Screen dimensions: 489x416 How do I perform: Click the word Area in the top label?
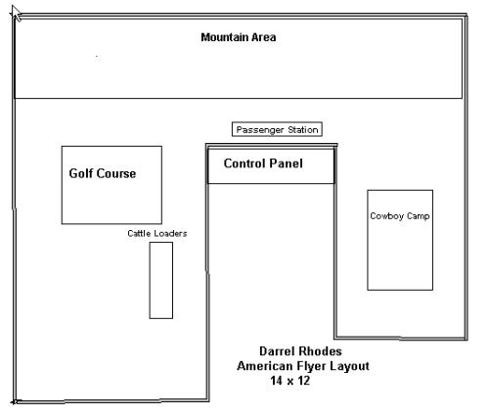[264, 37]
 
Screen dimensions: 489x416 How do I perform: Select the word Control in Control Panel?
[246, 163]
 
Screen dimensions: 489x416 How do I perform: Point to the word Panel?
[288, 163]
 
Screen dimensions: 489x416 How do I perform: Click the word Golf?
[81, 173]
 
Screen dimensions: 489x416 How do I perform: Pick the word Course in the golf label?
[115, 173]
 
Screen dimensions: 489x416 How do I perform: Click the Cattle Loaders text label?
[157, 233]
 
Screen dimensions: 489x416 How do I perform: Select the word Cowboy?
[387, 216]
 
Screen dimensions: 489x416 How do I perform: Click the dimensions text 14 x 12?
[289, 381]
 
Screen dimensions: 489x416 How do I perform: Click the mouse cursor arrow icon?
[17, 14]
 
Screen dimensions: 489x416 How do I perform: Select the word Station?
[303, 130]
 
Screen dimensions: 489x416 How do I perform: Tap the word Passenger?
[260, 130]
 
